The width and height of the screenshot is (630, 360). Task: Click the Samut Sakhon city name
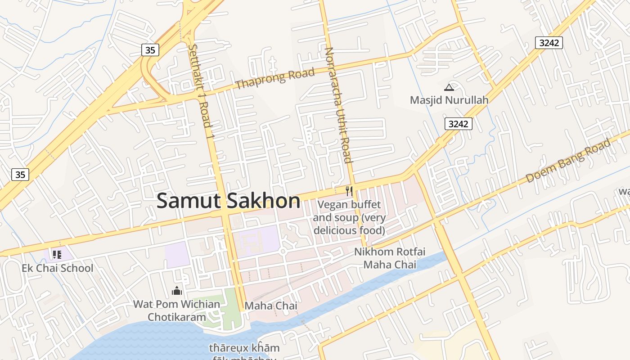pos(228,201)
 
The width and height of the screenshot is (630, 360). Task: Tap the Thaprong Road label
pos(274,78)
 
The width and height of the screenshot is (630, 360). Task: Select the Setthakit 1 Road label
pos(201,90)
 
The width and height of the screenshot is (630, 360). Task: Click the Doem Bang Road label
pos(568,161)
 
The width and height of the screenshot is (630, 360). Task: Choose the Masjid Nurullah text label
pos(449,100)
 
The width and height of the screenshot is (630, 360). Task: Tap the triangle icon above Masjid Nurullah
pos(449,87)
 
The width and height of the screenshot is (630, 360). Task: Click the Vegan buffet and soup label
pos(349,218)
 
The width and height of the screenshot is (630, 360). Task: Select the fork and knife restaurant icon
pos(349,191)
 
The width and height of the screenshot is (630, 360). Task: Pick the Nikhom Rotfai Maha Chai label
pos(390,258)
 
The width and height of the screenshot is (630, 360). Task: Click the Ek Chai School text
pos(58,268)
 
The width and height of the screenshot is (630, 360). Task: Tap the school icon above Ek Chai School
pos(57,255)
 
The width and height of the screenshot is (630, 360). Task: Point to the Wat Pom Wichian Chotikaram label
pos(176,310)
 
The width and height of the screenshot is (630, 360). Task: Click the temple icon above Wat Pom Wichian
pos(177,291)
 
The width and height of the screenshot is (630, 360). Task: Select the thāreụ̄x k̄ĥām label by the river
pos(244,348)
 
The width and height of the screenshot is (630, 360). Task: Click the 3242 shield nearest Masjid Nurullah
pos(459,124)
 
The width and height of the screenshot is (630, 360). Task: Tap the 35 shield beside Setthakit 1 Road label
pos(150,50)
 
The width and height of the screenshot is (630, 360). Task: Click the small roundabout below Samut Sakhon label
pos(283,252)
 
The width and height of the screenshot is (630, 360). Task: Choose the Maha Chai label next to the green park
pos(270,306)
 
